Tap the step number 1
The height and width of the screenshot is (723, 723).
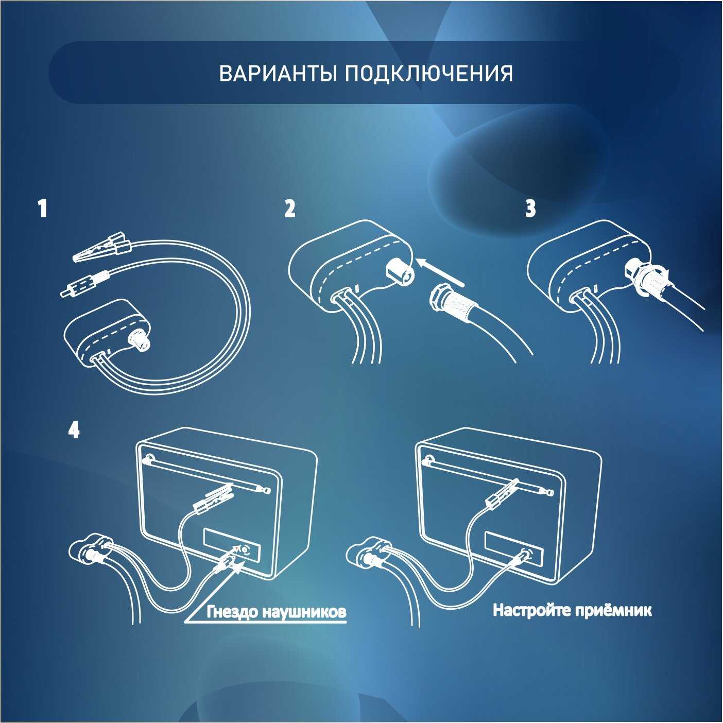tap(43, 209)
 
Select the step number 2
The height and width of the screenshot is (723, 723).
tap(289, 209)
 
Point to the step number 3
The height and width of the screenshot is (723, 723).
tap(530, 209)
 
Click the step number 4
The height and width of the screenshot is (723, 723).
tap(74, 430)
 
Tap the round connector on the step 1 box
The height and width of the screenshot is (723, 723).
tap(139, 340)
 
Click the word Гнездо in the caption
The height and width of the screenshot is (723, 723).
tap(232, 612)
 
